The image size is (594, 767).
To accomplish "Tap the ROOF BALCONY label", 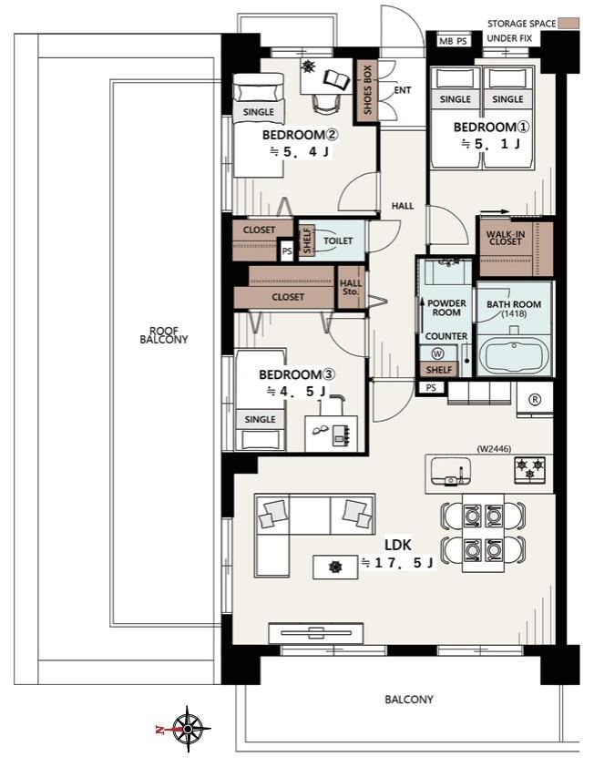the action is click(x=164, y=335).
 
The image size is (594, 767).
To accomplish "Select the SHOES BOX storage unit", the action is click(x=366, y=91).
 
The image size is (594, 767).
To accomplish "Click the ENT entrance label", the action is click(x=402, y=90).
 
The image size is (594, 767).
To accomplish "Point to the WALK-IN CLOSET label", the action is click(x=506, y=238).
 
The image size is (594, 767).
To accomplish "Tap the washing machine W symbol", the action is click(x=438, y=353).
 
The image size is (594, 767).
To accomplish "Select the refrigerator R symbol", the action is click(x=536, y=400).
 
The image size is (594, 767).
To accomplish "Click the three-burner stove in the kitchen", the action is click(x=530, y=470).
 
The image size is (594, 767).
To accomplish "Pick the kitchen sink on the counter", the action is click(x=451, y=471).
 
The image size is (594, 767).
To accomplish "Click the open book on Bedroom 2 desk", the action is click(x=337, y=78).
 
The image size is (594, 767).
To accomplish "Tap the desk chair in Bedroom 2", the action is click(x=326, y=104).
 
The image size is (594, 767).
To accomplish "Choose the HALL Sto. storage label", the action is click(x=351, y=287).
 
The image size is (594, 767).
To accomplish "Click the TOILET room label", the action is click(x=338, y=240).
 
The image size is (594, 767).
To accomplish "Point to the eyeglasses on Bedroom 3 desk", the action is click(x=321, y=429).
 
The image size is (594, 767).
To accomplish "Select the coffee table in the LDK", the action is click(x=335, y=567).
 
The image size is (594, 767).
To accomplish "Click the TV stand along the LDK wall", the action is click(x=316, y=633).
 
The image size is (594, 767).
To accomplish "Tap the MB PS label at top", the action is click(x=453, y=42).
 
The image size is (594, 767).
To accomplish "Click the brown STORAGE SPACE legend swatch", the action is click(x=569, y=23).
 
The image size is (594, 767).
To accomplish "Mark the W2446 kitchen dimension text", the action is click(x=494, y=448).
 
